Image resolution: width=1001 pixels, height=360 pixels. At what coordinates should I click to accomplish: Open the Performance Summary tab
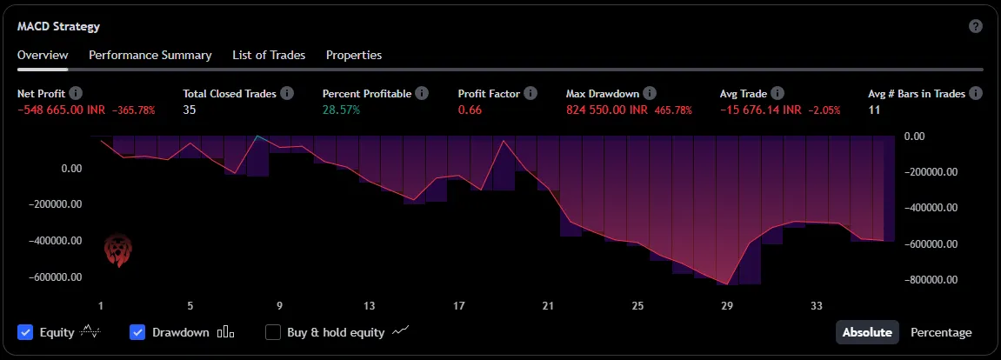150,55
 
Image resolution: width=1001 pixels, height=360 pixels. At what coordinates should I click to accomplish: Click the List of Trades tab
269,55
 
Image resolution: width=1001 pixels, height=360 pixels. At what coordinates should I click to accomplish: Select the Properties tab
354,55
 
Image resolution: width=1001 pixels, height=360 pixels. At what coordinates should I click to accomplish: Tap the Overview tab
43,55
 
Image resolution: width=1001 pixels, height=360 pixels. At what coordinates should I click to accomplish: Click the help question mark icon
976,26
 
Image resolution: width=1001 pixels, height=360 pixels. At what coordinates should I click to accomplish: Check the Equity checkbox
25,332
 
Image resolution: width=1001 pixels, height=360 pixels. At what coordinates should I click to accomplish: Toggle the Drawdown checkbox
137,332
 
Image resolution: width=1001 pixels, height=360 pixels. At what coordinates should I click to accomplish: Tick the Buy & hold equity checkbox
273,332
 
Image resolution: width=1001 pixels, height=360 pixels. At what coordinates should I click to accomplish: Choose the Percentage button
941,332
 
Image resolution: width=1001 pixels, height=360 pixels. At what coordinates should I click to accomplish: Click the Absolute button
867,332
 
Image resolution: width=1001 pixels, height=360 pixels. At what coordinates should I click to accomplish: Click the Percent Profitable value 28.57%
341,110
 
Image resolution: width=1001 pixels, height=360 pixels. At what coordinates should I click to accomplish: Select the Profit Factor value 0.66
470,110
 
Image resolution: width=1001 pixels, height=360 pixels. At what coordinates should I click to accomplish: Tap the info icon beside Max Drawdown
650,93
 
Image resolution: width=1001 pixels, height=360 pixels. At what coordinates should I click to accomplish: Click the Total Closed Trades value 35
190,110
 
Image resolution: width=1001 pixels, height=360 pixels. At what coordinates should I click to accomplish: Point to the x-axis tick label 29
727,306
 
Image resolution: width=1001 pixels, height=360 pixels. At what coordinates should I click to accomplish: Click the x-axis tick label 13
370,306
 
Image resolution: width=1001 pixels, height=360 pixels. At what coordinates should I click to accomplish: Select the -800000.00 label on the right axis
931,280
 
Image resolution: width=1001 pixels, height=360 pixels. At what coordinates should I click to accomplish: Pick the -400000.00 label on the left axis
57,241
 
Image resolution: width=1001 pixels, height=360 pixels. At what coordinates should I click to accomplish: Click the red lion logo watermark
116,250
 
